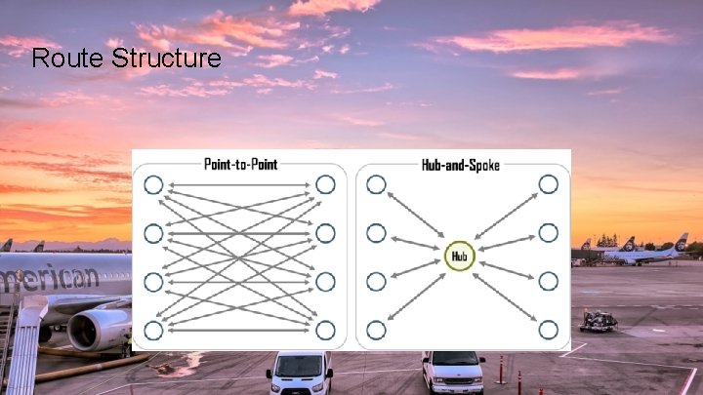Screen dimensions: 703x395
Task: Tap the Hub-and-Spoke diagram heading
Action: pyautogui.click(x=460, y=164)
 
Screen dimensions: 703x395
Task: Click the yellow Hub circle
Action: pyautogui.click(x=460, y=257)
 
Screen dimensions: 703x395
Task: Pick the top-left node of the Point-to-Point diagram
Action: pyautogui.click(x=153, y=184)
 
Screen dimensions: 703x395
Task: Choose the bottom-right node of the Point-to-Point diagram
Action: pyautogui.click(x=325, y=330)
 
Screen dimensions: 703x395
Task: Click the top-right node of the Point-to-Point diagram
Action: pyautogui.click(x=325, y=184)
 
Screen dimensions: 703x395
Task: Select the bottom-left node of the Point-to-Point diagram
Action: pyautogui.click(x=153, y=330)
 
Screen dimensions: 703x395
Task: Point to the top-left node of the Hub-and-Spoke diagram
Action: pyautogui.click(x=376, y=184)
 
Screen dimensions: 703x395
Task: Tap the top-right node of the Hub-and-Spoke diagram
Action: pyautogui.click(x=549, y=184)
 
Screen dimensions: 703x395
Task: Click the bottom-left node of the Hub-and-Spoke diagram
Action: pyautogui.click(x=376, y=330)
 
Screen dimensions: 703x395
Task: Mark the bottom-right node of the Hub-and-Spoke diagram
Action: pyautogui.click(x=549, y=330)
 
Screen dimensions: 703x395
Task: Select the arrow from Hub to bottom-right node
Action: pyautogui.click(x=506, y=295)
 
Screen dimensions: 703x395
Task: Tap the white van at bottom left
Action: pyautogui.click(x=300, y=373)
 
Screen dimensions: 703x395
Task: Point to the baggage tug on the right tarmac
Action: pyautogui.click(x=598, y=321)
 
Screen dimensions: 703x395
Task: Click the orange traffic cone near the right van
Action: pyautogui.click(x=502, y=369)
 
